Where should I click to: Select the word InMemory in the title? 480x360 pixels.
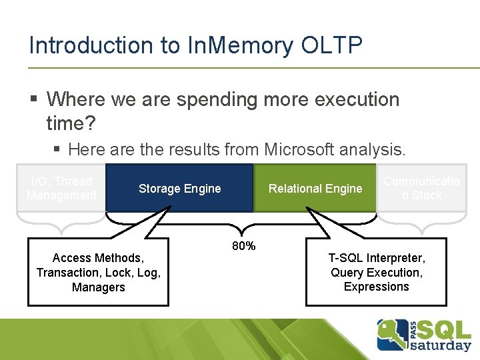point(237,45)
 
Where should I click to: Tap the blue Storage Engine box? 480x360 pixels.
point(179,189)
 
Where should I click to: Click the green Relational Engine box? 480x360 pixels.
point(315,189)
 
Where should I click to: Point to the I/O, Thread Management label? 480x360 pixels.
point(61,188)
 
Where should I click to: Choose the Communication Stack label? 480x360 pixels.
point(421,188)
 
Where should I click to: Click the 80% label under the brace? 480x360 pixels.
point(243,246)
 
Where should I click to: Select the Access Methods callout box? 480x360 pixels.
point(98,272)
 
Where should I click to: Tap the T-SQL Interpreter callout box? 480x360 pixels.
point(376,272)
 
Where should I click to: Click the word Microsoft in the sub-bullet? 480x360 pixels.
point(308,149)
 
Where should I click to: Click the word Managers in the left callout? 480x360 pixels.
point(98,287)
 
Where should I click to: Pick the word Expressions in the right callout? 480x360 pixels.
point(376,287)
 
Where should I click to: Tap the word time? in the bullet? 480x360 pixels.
point(71,123)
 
